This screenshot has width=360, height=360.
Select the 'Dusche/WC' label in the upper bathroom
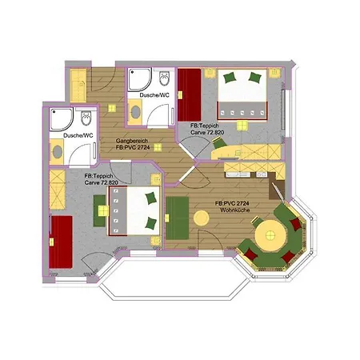coord(154,96)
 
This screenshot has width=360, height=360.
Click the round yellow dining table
coord(271,236)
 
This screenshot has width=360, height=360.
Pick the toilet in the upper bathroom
coord(164,80)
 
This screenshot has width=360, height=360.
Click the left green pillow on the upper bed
coord(230,78)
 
